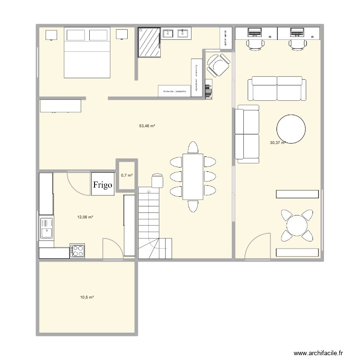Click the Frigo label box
[x=103, y=184]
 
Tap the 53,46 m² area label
[x=147, y=126]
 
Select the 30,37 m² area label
[x=277, y=143]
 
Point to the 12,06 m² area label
[x=85, y=217]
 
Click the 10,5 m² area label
[x=87, y=298]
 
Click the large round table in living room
[x=291, y=129]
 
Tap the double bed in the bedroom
[x=87, y=52]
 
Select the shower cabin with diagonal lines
[x=150, y=42]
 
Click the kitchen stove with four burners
[x=78, y=250]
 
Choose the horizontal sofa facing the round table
[x=277, y=87]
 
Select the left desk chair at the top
[x=255, y=45]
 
